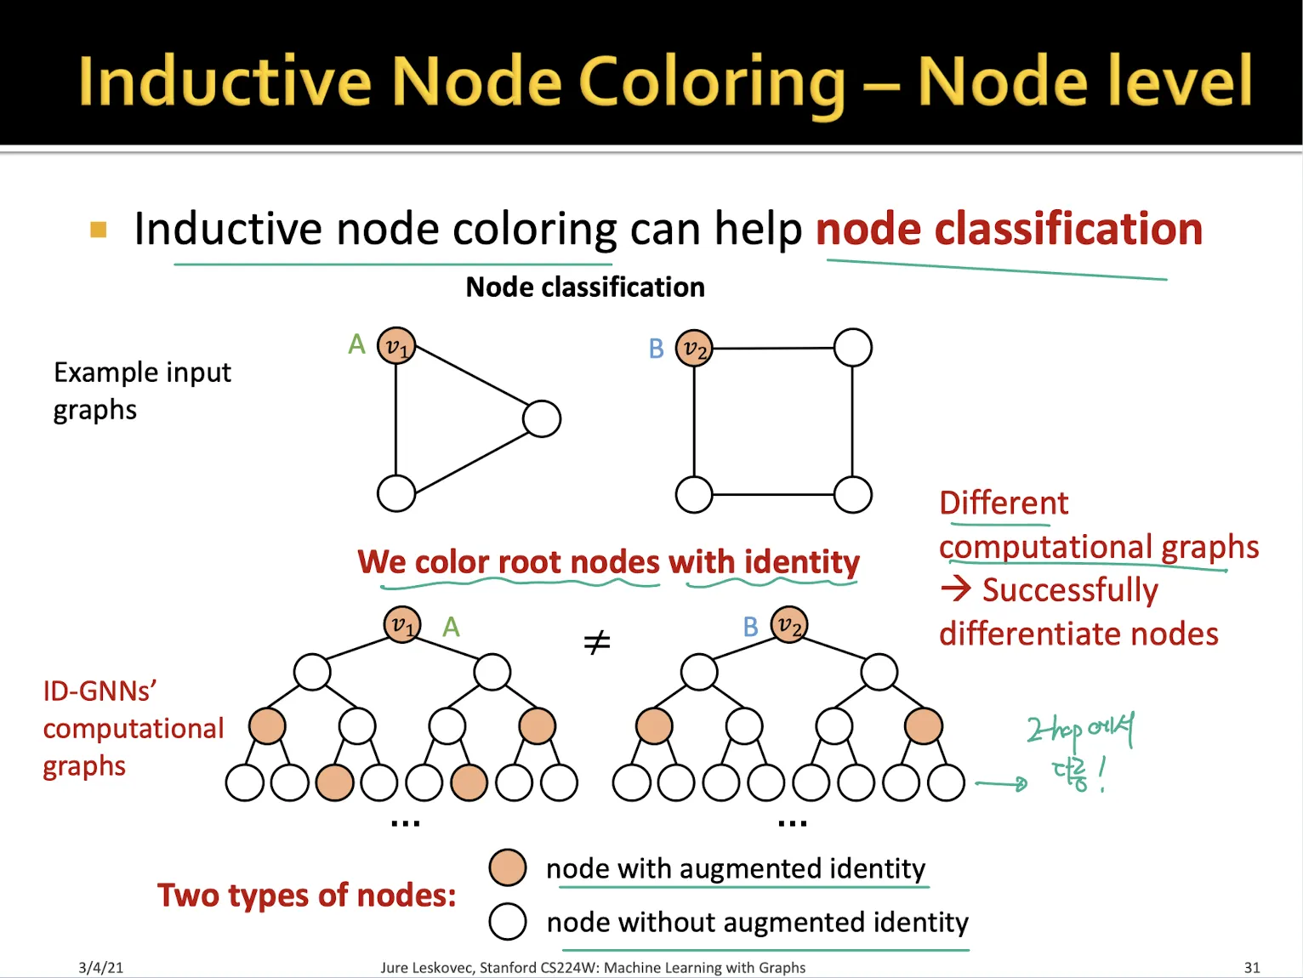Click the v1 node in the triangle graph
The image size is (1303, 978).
coord(396,345)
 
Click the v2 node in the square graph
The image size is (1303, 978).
coord(694,348)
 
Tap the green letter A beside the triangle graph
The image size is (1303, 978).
coord(357,344)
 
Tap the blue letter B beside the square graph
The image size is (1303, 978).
coord(656,349)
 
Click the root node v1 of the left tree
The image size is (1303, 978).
coord(402,625)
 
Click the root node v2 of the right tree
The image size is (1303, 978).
coord(789,625)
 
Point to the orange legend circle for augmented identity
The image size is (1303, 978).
coord(508,867)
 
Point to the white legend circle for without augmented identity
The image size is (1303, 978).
coord(508,921)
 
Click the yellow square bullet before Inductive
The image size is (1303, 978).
coord(99,230)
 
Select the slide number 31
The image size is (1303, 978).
coord(1252,967)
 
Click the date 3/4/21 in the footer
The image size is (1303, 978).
coord(100,967)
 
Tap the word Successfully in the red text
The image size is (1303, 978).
coord(1070,590)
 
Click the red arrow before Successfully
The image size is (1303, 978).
coord(957,588)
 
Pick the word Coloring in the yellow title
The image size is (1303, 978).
coord(711,82)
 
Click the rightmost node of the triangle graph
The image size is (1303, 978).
coord(542,418)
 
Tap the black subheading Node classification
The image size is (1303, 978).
coord(585,287)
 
